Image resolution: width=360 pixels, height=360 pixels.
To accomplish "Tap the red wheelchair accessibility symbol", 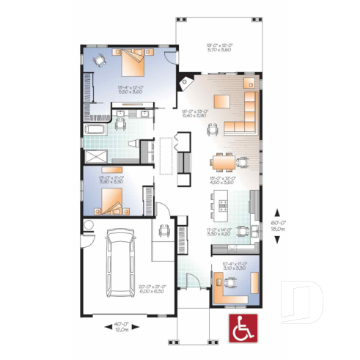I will coord(239,329).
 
